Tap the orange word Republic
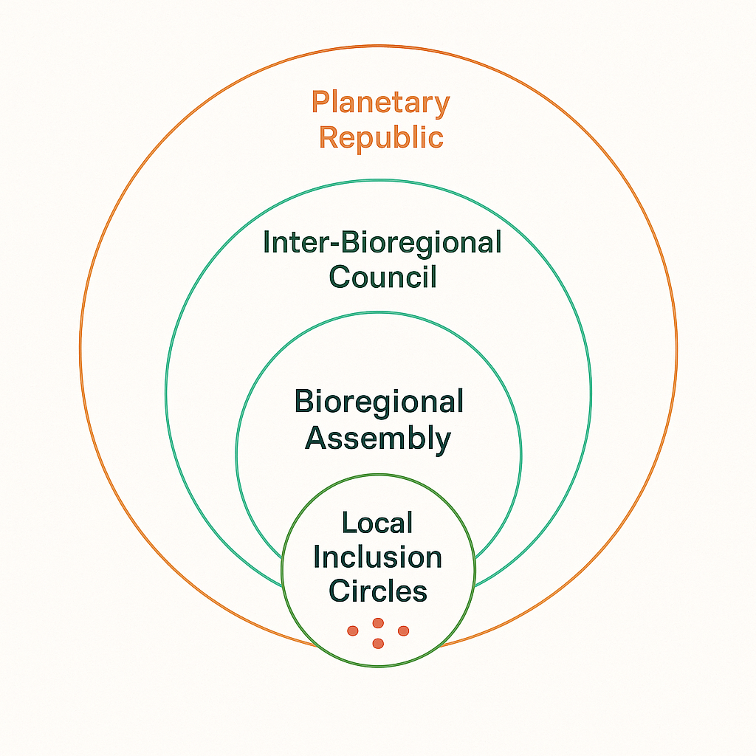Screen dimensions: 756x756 [380, 138]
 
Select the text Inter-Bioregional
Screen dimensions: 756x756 [382, 244]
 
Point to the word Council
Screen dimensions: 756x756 [382, 277]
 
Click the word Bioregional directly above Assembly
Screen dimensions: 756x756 [379, 402]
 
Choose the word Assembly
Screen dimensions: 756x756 [378, 439]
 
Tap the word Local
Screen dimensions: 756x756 [377, 523]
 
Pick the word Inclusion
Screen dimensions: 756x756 [378, 557]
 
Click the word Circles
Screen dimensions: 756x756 [378, 591]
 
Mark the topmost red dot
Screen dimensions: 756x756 [378, 623]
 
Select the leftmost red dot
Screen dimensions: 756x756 [353, 630]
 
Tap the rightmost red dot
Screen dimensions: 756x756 [403, 630]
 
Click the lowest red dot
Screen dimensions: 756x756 [378, 644]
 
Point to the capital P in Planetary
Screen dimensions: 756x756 [320, 103]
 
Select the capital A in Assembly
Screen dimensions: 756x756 [316, 439]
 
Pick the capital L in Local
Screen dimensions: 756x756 [348, 523]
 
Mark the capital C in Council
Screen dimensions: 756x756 [340, 277]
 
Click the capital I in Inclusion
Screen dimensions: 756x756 [318, 557]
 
